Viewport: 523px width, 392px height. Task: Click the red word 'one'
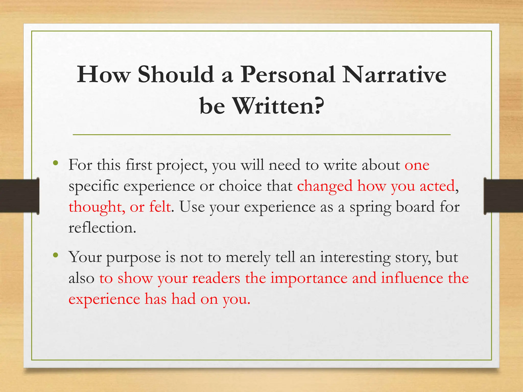pyautogui.click(x=417, y=165)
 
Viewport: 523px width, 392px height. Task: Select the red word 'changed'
pyautogui.click(x=325, y=186)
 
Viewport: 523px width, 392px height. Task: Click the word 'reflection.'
pyautogui.click(x=102, y=227)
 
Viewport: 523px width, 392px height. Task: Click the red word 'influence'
pyautogui.click(x=412, y=278)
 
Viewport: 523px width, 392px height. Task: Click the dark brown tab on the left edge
pyautogui.click(x=19, y=196)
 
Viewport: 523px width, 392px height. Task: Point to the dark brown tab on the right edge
pyautogui.click(x=503, y=196)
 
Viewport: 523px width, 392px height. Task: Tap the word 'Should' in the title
pyautogui.click(x=176, y=75)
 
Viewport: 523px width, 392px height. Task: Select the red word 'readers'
pyautogui.click(x=216, y=278)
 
